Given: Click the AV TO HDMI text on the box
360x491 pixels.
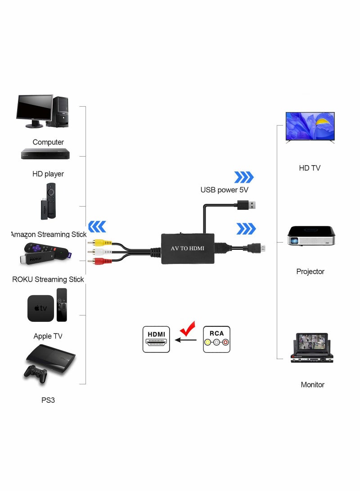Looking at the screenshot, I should (x=188, y=248).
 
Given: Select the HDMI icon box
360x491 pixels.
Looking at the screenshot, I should (x=156, y=339).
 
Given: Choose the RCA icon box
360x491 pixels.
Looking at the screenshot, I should (x=216, y=339).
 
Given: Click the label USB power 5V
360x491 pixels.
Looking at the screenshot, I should (x=224, y=190).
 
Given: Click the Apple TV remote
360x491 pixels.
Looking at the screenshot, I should (x=62, y=305).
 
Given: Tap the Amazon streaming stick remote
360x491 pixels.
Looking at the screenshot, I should (x=51, y=198).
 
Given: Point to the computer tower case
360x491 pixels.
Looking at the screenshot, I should (x=60, y=113).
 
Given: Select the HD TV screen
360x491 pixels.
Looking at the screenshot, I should (x=310, y=126).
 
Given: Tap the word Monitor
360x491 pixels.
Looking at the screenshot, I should (x=312, y=385).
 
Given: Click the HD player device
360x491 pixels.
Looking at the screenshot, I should (x=45, y=154).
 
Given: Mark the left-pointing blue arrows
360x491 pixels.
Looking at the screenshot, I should (x=97, y=226).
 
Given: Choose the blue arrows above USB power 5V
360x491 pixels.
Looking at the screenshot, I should (x=244, y=177).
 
